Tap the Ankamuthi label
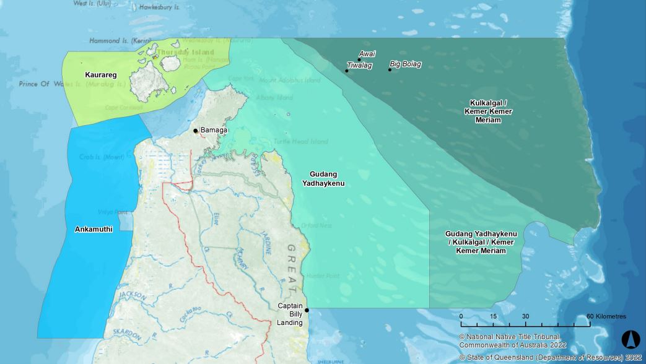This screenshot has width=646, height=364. [94, 229]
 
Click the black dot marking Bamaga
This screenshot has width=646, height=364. [196, 131]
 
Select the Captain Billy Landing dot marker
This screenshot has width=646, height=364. [307, 311]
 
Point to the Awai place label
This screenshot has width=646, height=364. [367, 54]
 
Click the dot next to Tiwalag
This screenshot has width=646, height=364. [347, 71]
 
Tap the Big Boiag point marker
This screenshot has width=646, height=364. [390, 70]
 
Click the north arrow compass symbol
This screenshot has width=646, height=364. [630, 339]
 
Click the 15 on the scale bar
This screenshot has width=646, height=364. [493, 316]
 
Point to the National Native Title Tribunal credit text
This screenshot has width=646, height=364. [510, 337]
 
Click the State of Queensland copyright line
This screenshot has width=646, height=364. [551, 358]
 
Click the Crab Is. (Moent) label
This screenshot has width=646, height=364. [101, 157]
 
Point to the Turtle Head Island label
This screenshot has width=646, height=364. [300, 142]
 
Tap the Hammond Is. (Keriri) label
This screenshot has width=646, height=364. [120, 41]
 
